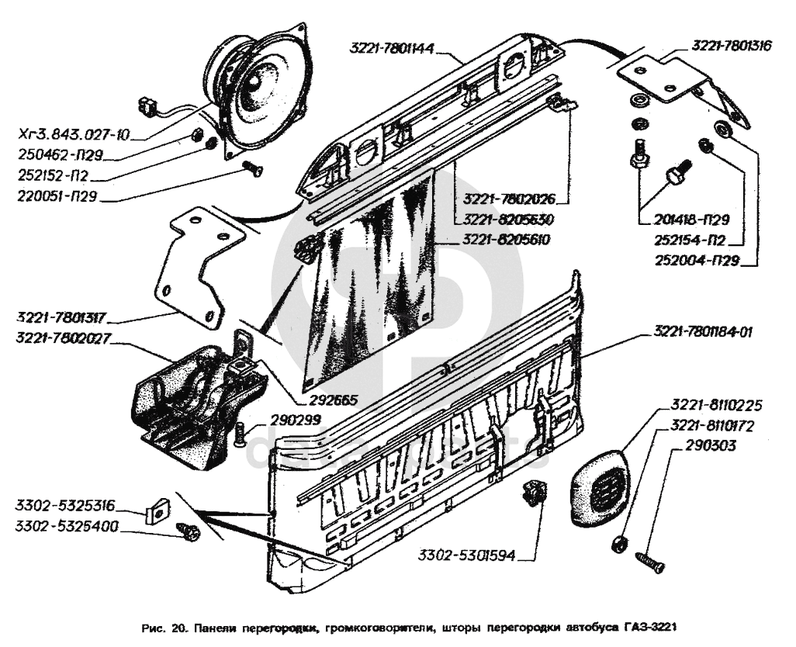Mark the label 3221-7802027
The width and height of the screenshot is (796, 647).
(x=60, y=337)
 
